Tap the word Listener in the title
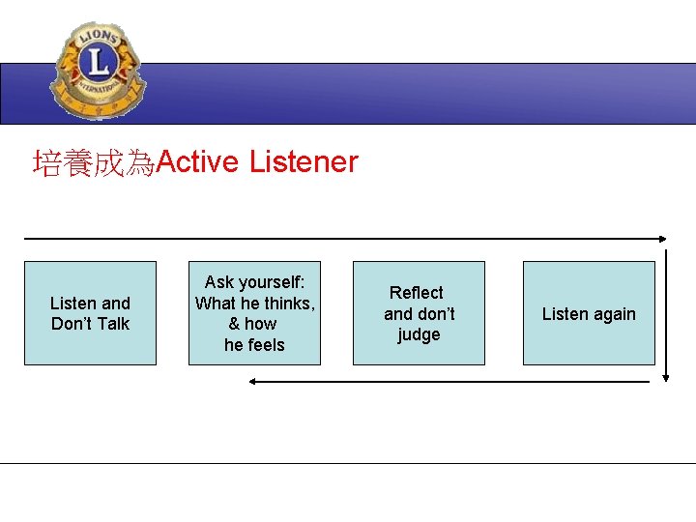[x=304, y=161]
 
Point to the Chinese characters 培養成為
[x=94, y=163]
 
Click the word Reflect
[x=417, y=292]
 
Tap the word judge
[x=419, y=334]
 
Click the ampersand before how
[x=234, y=324]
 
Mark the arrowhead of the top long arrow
[x=662, y=239]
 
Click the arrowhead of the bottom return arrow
[x=253, y=382]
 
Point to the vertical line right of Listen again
[x=666, y=309]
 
